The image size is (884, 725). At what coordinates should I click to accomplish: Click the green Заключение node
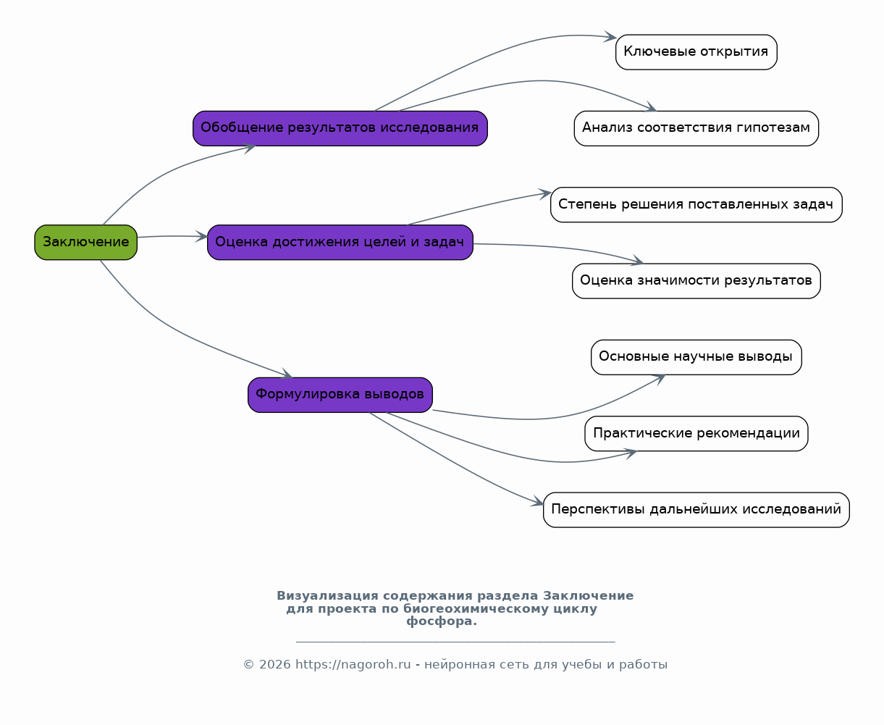86,243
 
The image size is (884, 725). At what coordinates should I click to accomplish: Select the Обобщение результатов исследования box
340,128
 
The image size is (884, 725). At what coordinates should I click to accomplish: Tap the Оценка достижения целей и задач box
340,243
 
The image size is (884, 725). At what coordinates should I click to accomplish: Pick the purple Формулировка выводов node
340,395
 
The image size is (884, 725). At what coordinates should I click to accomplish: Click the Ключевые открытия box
696,52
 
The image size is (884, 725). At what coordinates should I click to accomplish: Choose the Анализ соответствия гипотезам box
696,128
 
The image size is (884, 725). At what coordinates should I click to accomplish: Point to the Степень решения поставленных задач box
696,205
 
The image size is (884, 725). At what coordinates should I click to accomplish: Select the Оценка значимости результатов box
696,281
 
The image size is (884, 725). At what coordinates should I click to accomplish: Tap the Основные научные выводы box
696,357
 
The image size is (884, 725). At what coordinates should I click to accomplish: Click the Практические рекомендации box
696,434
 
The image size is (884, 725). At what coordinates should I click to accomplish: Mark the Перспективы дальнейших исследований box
696,510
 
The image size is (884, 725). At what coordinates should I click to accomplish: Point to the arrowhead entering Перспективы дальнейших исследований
538,501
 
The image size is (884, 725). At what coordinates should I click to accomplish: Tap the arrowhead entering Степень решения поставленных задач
546,193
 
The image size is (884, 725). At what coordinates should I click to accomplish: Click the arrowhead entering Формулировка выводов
287,374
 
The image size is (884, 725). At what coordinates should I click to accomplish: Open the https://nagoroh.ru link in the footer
353,665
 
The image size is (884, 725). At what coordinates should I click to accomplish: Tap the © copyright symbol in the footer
248,665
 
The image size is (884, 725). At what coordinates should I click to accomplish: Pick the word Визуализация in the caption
327,596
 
